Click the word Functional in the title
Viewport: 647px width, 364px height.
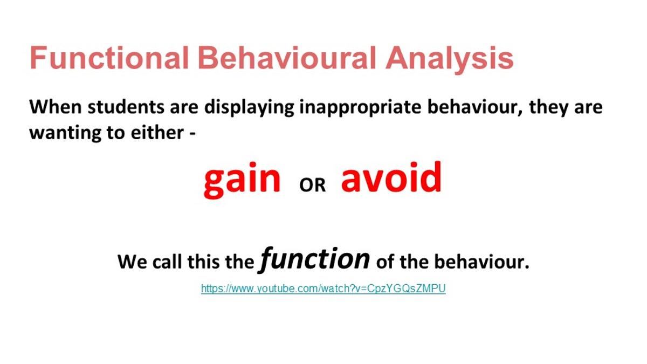[x=109, y=58]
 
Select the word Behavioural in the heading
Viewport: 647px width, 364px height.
[x=287, y=58]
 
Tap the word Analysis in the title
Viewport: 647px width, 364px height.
[x=450, y=60]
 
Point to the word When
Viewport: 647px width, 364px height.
[x=56, y=107]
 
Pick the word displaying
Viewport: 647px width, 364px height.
[x=249, y=108]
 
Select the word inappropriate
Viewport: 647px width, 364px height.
[x=361, y=108]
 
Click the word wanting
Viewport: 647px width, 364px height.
[x=65, y=134]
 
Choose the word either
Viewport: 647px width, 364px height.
[x=157, y=132]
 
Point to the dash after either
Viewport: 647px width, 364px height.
[x=192, y=134]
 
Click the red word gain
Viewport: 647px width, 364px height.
[x=242, y=180]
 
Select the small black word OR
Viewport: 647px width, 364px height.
[x=313, y=185]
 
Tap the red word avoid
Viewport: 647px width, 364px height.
[x=391, y=176]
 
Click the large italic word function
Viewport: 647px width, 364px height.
[x=314, y=259]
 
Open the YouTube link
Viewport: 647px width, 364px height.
[x=323, y=289]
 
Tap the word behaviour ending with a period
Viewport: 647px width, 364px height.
[x=482, y=261]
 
